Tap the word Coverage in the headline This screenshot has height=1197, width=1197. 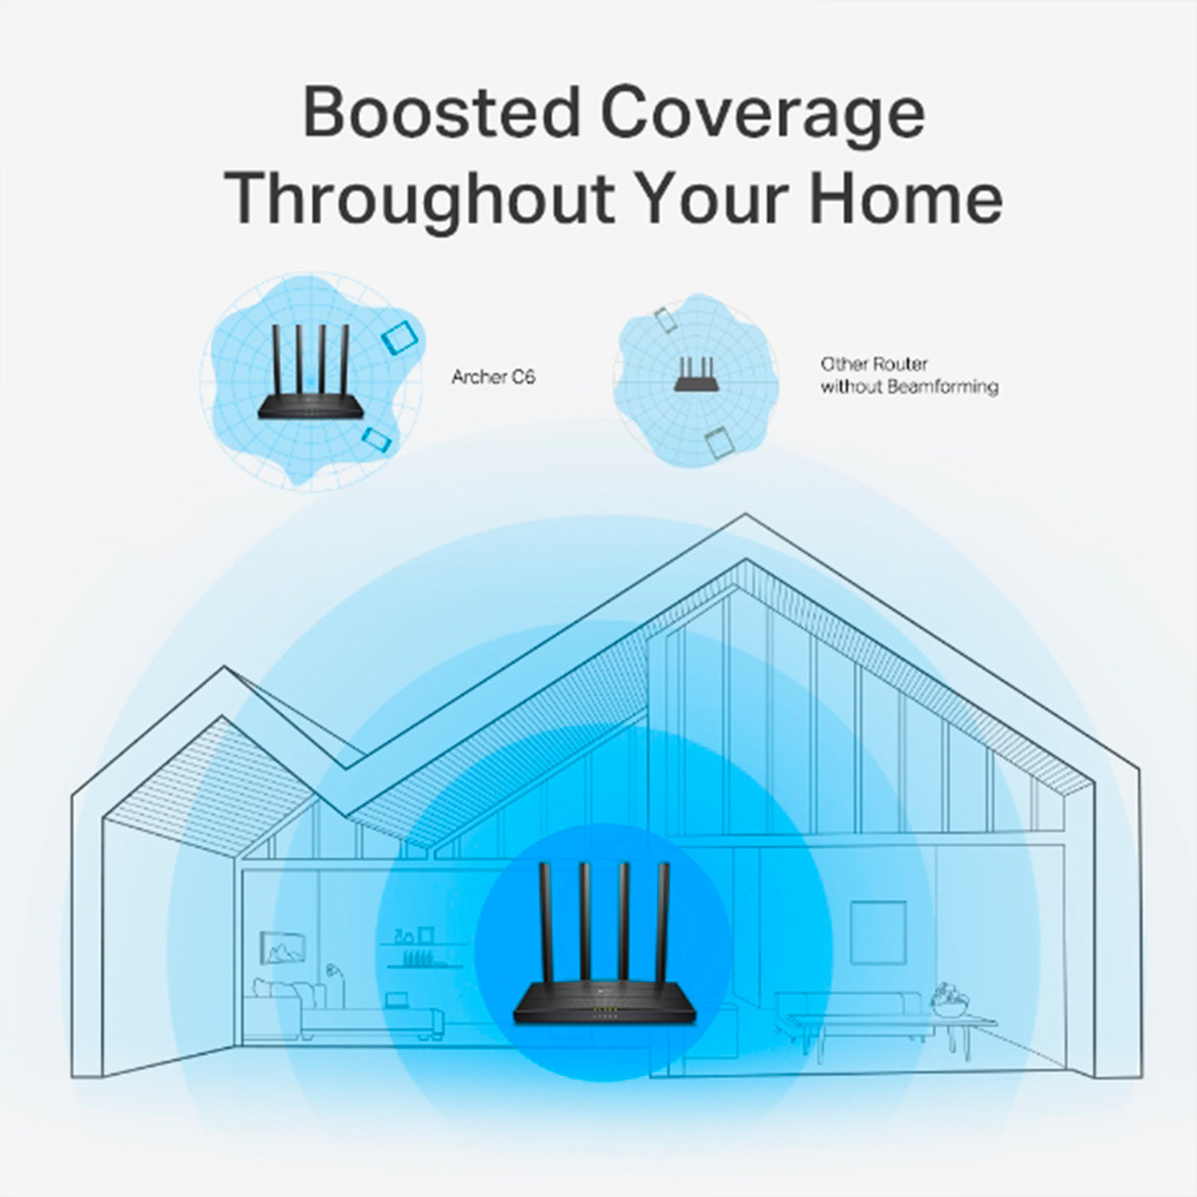tap(763, 118)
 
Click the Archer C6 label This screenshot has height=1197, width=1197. tap(493, 377)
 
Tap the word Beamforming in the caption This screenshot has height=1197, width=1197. tap(943, 387)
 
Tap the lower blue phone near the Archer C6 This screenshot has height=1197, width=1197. tap(376, 439)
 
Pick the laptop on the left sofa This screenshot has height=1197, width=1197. tap(396, 999)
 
